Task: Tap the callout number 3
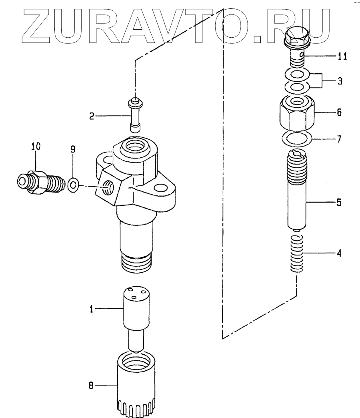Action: pos(340,81)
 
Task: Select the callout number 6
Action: pos(339,113)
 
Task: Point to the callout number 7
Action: pos(339,140)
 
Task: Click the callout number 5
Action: pos(339,203)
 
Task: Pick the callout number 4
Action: pos(339,253)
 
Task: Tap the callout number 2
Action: pos(92,117)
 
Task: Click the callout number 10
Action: pos(36,147)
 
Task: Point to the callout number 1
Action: pos(91,308)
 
